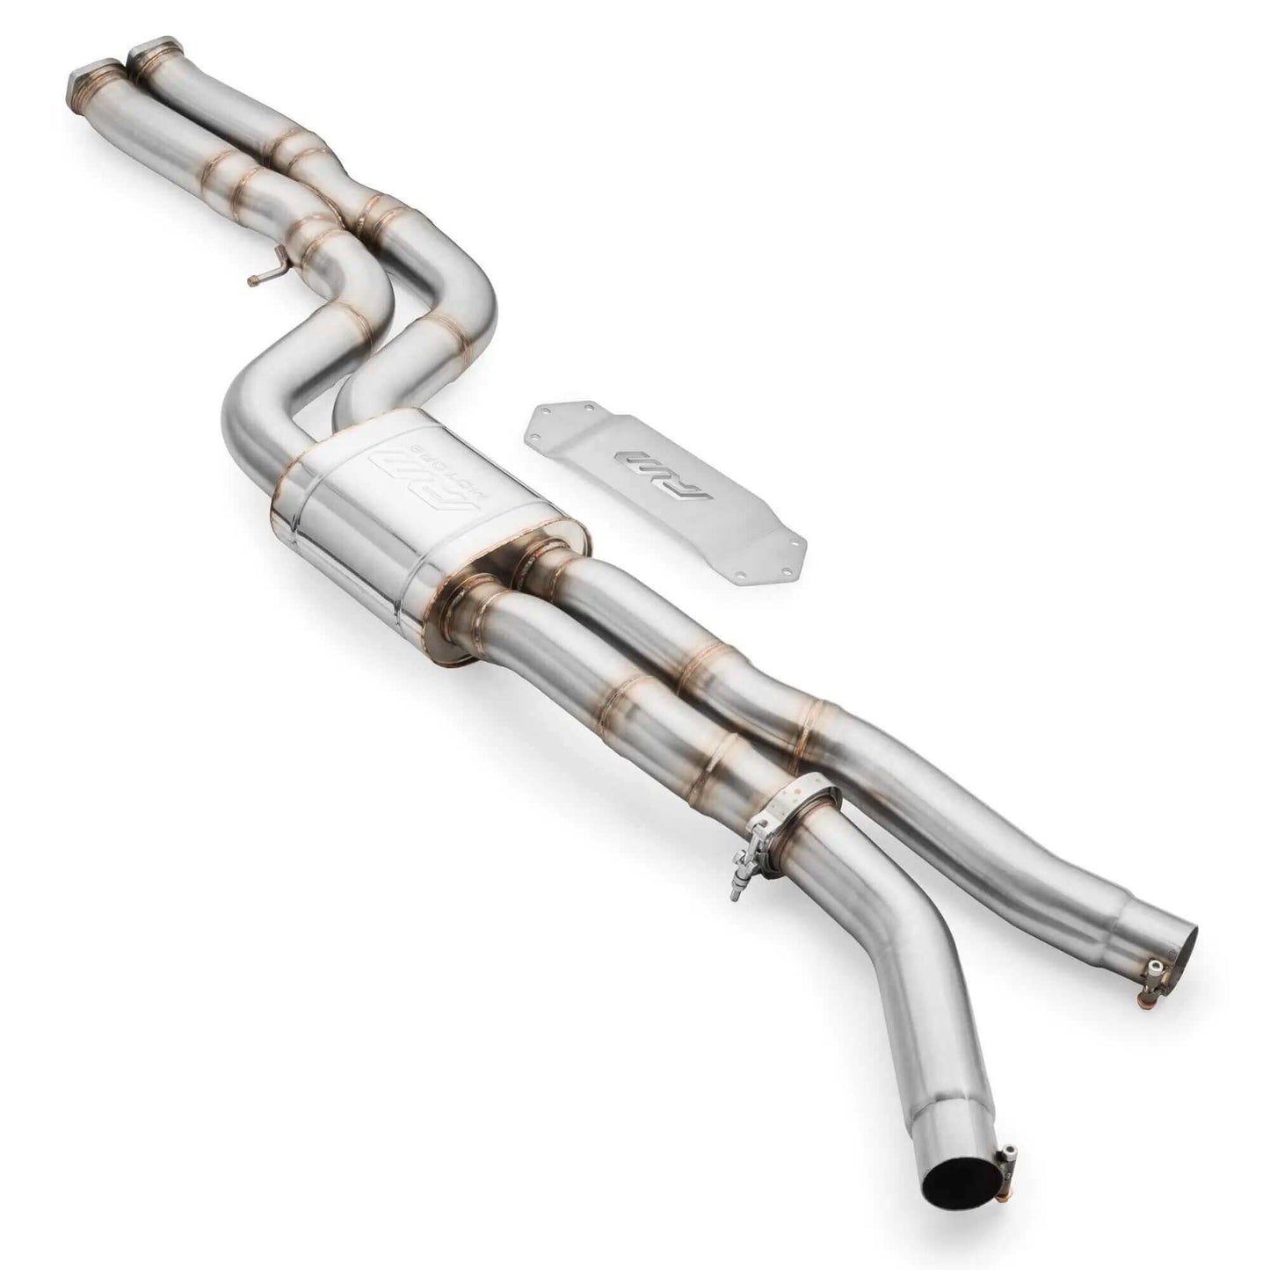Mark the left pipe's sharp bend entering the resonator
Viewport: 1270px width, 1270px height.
click(246, 431)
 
